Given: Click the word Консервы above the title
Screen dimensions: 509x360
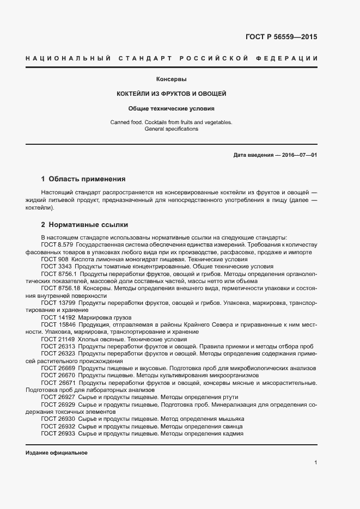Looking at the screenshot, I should [x=172, y=79].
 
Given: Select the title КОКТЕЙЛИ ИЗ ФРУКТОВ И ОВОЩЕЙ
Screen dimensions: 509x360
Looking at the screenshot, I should [x=172, y=94].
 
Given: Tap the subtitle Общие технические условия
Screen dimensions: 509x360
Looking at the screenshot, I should [x=172, y=108].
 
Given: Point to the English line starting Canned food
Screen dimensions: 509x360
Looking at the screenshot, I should [x=172, y=122].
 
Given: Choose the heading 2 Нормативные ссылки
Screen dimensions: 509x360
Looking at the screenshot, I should [x=84, y=224].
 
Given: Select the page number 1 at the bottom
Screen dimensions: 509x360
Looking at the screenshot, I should [x=315, y=463].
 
